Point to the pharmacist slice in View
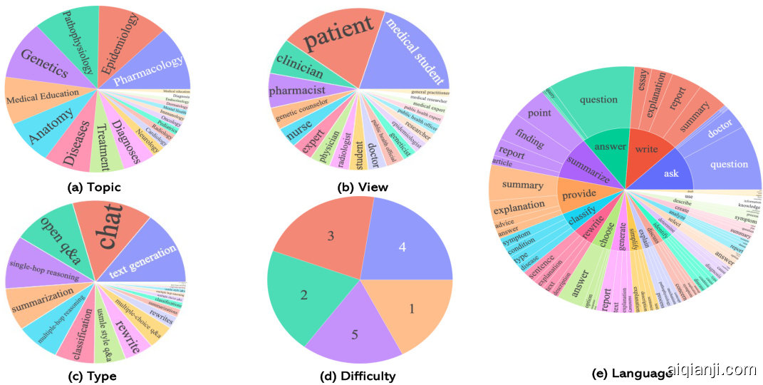point(297,91)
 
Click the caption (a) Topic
point(93,188)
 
